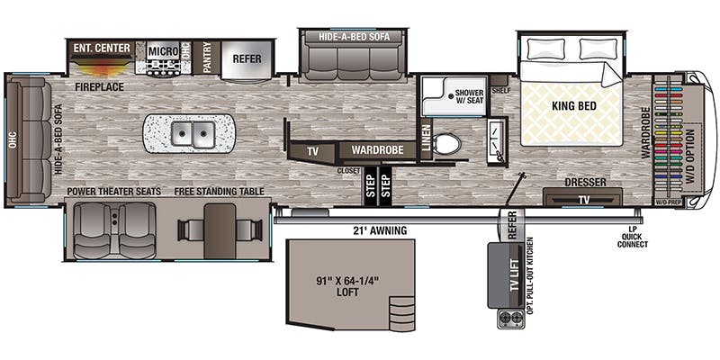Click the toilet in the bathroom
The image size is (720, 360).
(x=447, y=144)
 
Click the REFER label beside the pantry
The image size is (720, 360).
(x=247, y=58)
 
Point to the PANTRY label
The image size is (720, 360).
(x=207, y=57)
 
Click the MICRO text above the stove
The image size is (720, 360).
(x=163, y=51)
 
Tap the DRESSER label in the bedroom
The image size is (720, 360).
(x=585, y=183)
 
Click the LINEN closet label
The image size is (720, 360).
(x=426, y=139)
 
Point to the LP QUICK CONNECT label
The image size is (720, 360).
(x=633, y=238)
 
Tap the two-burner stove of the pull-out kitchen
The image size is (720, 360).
(x=510, y=318)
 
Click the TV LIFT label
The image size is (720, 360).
(x=515, y=275)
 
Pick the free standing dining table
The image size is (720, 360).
(x=219, y=230)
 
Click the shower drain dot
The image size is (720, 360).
(x=452, y=96)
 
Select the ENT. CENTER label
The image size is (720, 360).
(x=102, y=48)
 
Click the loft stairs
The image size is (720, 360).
(x=401, y=313)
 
